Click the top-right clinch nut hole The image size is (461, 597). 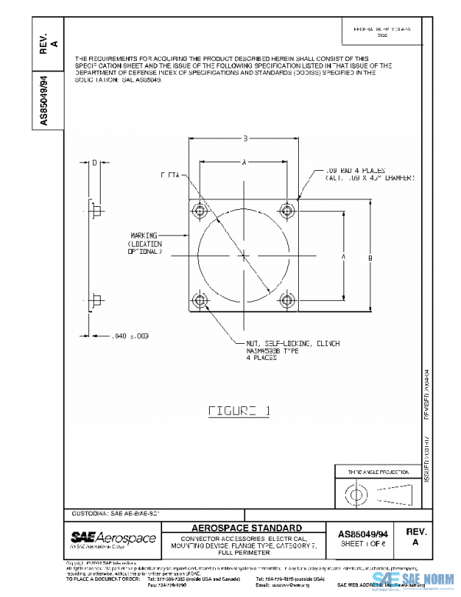point(287,210)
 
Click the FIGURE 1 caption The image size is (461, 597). point(239,410)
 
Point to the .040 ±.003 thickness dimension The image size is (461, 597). point(130,335)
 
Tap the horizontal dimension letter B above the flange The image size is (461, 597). point(244,138)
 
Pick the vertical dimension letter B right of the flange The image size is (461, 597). point(370,257)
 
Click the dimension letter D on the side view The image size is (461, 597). point(94,163)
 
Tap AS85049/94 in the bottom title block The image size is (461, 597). point(363,532)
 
